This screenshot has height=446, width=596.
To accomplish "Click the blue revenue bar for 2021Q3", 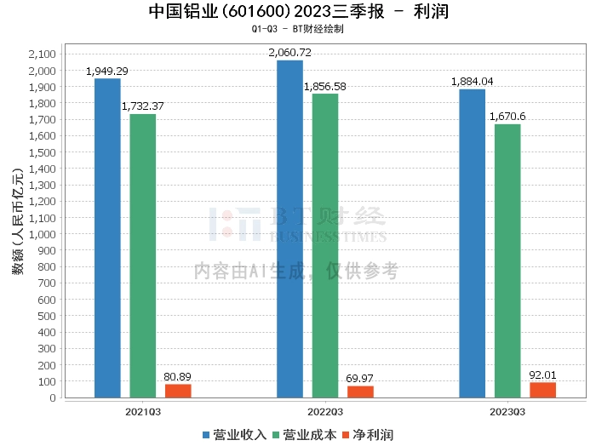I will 107,238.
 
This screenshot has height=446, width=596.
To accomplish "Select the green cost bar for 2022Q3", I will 325,246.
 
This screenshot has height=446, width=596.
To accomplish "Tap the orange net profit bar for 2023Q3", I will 542,390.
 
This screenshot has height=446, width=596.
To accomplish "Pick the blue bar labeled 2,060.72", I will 289,229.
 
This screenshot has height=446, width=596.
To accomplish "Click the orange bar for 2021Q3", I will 178,391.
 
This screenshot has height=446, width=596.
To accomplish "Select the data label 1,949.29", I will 107,71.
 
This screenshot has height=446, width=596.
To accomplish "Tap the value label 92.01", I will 542,375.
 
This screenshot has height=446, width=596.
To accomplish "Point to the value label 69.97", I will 361,378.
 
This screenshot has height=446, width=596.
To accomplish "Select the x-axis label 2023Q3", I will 507,410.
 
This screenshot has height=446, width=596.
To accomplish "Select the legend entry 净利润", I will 368,435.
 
